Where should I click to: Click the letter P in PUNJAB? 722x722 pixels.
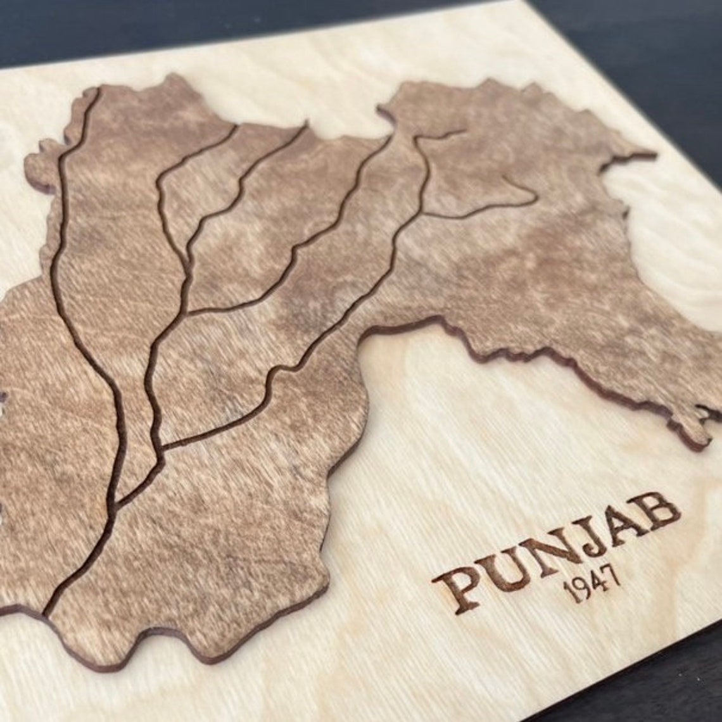[458, 587]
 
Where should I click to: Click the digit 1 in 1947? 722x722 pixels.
[568, 593]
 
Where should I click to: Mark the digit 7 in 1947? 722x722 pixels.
[612, 576]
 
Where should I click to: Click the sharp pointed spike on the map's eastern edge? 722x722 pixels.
[652, 154]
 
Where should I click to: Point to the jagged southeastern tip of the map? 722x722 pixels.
[703, 437]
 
